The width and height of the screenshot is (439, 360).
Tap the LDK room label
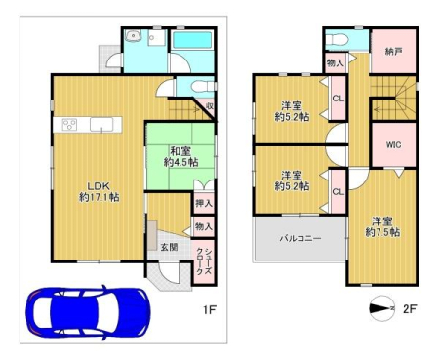(100, 191)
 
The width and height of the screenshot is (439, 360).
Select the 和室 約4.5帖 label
(180, 156)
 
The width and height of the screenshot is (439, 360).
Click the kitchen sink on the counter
(101, 125)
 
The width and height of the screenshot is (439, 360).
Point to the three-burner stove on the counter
(69, 125)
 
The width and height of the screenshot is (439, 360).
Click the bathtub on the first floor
(192, 40)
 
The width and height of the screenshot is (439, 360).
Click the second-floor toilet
(338, 41)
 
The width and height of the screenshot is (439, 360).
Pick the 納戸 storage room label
(393, 52)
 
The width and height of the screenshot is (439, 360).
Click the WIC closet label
(393, 145)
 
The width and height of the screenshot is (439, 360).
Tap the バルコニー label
(300, 239)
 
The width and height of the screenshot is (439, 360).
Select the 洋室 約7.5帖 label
(382, 227)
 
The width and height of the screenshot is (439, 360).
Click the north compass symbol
(382, 308)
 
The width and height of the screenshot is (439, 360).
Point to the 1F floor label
(210, 310)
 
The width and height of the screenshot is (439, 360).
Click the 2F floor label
(410, 308)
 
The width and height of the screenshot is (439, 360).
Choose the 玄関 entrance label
(170, 247)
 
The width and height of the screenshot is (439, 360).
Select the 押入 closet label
(204, 203)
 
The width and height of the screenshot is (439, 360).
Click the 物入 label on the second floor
(336, 63)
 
